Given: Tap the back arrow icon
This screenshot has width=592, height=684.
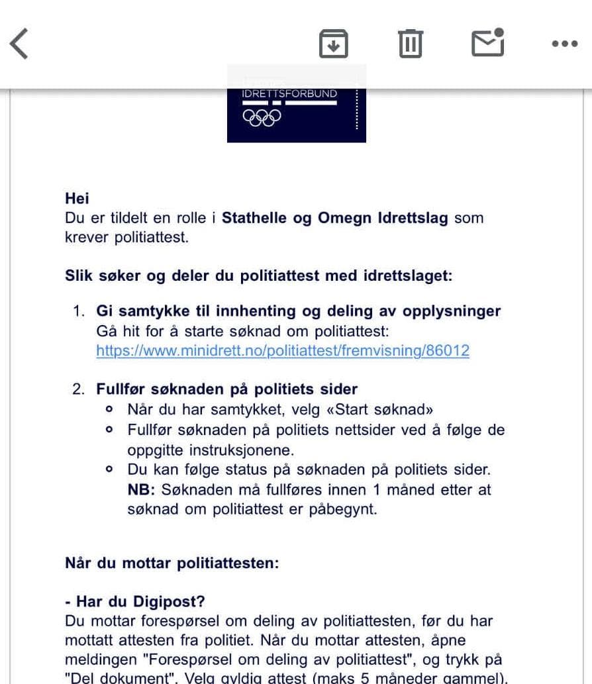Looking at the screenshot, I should coord(19,44).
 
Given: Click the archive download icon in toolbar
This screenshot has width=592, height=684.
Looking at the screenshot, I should coord(334,44).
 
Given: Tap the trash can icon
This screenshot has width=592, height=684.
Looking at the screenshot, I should coord(411,44).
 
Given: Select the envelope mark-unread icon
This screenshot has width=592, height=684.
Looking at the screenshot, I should coord(487,43).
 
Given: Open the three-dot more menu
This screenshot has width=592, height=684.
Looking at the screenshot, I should coord(564,44).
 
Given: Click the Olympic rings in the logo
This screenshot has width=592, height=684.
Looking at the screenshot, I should coord(262,117).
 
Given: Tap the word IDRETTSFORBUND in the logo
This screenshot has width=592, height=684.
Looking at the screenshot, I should coord(289,94).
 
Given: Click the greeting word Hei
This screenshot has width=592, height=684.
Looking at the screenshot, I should coord(77,198).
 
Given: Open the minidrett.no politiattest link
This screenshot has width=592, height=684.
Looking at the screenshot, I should coord(283,351).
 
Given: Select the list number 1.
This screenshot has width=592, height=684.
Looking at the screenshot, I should coord(79,311).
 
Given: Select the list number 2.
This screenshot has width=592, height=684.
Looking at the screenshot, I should coord(79,389).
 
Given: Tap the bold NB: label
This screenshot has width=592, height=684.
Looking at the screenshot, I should coord(140,490).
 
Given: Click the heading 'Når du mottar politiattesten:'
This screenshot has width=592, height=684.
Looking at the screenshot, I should coord(172,563).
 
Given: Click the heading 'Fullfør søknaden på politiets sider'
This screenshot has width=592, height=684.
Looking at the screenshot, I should coord(226,389).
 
